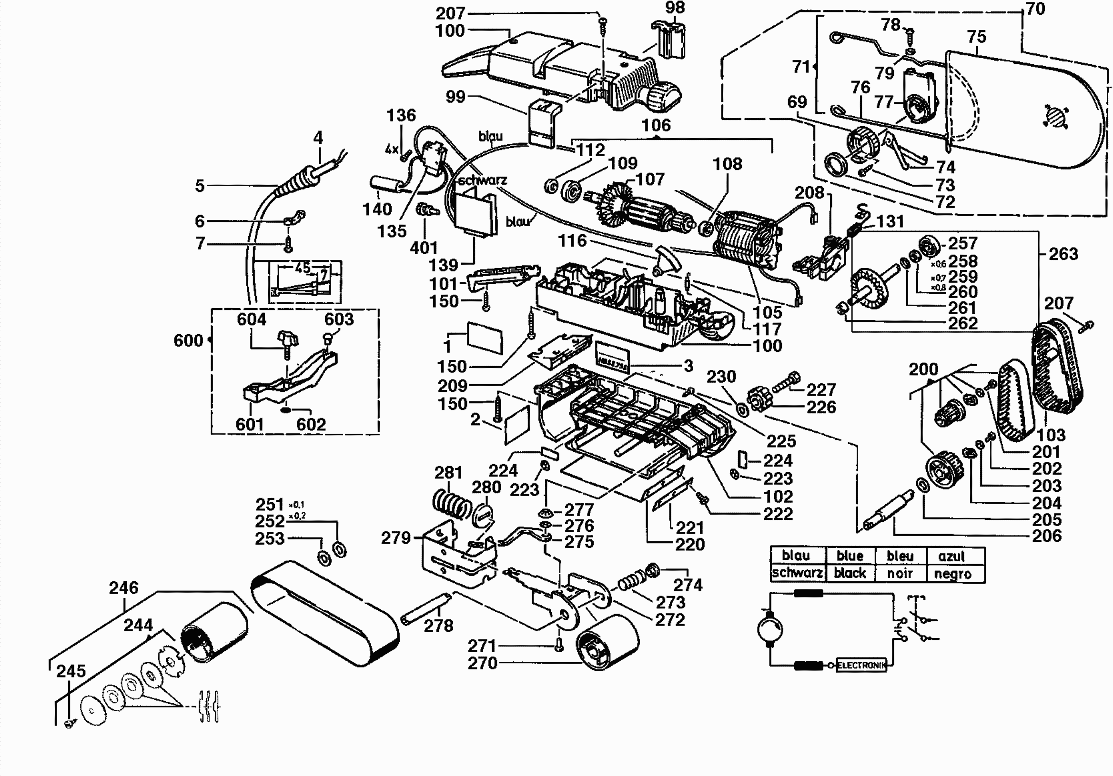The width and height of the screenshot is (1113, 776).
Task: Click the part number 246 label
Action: coord(123,588)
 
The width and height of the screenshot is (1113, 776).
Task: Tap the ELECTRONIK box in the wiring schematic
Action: coord(861,666)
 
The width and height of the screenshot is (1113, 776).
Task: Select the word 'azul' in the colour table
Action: coord(951,556)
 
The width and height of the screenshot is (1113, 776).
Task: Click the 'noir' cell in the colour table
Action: coord(900,574)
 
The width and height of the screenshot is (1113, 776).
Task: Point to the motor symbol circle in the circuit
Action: coord(769,629)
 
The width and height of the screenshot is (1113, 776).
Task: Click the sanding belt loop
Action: coord(325,613)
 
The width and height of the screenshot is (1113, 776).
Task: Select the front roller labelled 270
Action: coord(607,642)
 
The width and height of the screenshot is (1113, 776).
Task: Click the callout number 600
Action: coord(188,340)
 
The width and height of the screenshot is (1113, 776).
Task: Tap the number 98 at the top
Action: coord(675,8)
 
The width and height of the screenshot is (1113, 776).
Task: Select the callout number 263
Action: coord(1063,254)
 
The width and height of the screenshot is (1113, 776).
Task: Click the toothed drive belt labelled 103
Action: coord(1057,368)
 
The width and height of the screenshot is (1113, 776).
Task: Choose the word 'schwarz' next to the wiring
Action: coord(482,181)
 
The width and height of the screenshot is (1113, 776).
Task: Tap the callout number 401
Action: coord(424,248)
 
